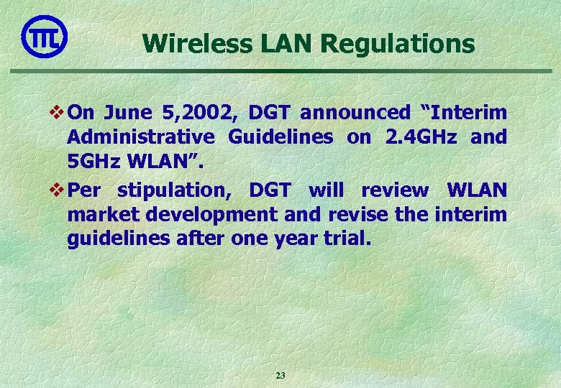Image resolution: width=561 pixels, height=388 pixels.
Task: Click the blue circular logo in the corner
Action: [44, 37]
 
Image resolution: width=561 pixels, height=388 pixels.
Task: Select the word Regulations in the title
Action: [398, 44]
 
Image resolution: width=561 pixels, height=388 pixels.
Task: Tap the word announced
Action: [355, 113]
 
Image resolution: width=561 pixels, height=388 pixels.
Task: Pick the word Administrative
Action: [140, 137]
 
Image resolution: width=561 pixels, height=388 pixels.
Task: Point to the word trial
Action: [349, 238]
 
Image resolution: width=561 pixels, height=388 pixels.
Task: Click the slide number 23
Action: [280, 375]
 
